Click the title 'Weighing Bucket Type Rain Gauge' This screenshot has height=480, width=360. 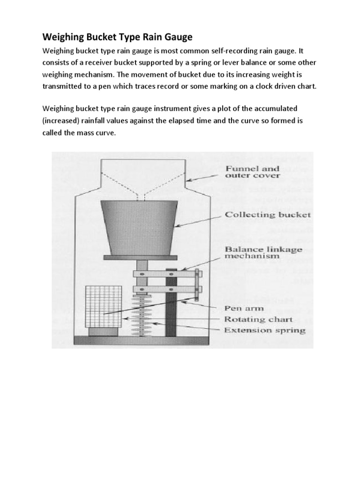[114, 37]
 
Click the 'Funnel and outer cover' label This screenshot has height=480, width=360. [253, 172]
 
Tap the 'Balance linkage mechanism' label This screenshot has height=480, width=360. [264, 253]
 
